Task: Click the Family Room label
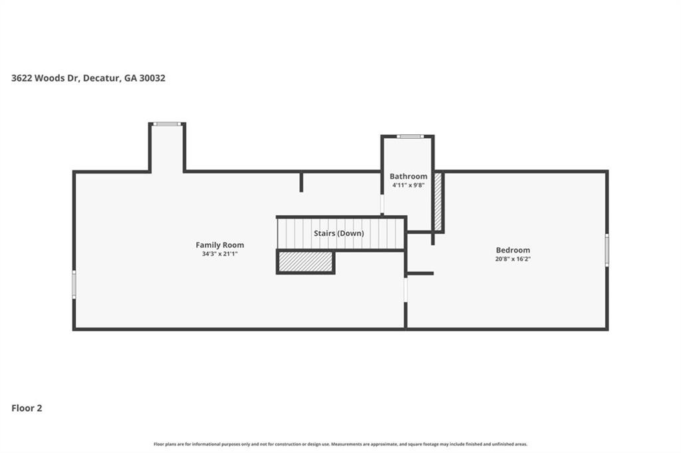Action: [x=219, y=245]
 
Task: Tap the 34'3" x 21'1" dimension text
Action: [x=219, y=254]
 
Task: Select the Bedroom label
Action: [x=512, y=250]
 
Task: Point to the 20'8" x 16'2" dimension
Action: [x=512, y=259]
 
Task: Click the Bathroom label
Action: [x=408, y=176]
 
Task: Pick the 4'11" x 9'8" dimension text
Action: [x=408, y=185]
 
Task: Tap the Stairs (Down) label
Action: [x=339, y=233]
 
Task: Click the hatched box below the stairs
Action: [x=305, y=262]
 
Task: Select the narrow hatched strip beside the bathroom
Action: [x=438, y=201]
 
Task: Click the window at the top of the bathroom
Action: [x=410, y=136]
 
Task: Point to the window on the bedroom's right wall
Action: [x=607, y=250]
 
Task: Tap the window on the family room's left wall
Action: [x=74, y=284]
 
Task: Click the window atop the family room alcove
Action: [x=167, y=124]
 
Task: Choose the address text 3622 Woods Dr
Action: [x=45, y=78]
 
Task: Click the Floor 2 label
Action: [x=27, y=408]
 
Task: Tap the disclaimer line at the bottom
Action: [x=340, y=444]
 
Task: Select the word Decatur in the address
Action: [x=102, y=78]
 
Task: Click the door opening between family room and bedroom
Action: [x=406, y=290]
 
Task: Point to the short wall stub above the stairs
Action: [x=301, y=182]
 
